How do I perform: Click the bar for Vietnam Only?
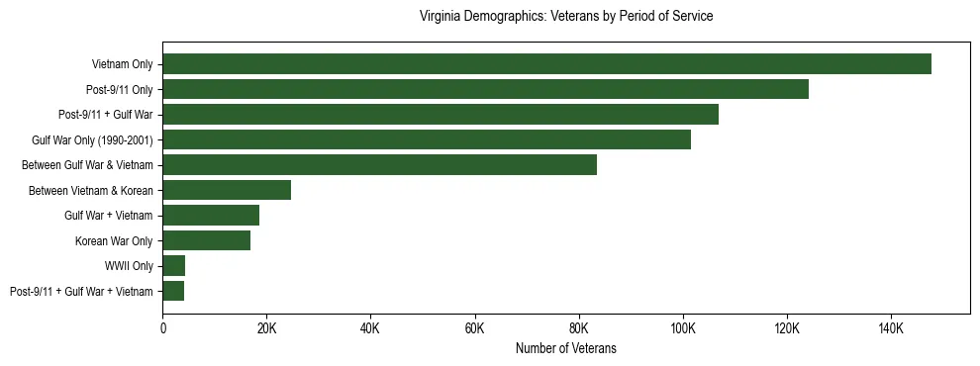click(x=546, y=64)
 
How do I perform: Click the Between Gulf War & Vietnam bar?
click(x=380, y=165)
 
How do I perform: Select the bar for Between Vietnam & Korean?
click(x=227, y=190)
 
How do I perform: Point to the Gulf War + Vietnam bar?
click(x=211, y=216)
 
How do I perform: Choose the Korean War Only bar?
click(x=207, y=240)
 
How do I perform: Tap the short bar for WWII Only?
click(x=174, y=266)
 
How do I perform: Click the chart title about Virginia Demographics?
click(x=566, y=17)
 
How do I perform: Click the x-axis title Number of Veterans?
click(x=566, y=348)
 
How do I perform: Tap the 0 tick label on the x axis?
click(x=163, y=328)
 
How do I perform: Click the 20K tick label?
click(x=267, y=328)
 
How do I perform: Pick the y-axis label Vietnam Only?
click(x=122, y=64)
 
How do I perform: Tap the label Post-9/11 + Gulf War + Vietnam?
click(x=81, y=292)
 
